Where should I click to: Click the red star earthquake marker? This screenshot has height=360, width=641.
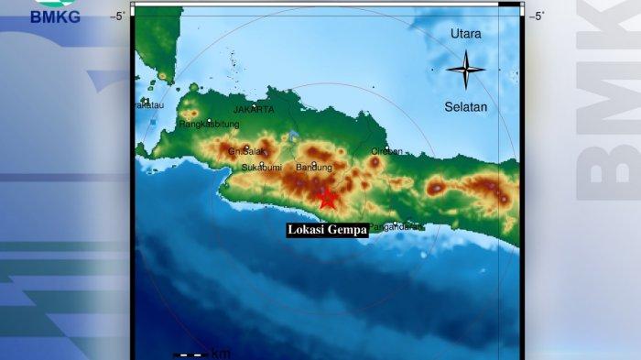(x=327, y=198)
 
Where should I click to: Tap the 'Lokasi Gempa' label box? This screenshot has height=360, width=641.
(x=327, y=230)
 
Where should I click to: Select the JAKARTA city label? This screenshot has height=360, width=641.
(x=254, y=109)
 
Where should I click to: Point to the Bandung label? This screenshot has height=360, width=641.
(x=314, y=167)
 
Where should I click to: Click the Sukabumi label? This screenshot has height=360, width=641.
(x=262, y=168)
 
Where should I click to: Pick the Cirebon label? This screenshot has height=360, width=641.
(x=386, y=151)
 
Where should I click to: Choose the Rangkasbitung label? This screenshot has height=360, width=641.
(x=209, y=124)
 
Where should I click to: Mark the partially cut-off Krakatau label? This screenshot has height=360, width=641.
(x=149, y=105)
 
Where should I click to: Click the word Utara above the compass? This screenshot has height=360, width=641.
(x=465, y=34)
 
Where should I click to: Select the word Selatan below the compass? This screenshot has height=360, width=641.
(x=465, y=106)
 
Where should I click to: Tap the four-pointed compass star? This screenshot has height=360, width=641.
(x=465, y=70)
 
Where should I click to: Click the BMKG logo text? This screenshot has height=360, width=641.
(x=55, y=16)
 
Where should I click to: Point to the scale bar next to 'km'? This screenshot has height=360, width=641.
(x=190, y=354)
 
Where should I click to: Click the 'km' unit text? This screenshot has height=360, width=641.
(x=221, y=354)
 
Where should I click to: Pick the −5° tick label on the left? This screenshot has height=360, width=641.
(x=118, y=16)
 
